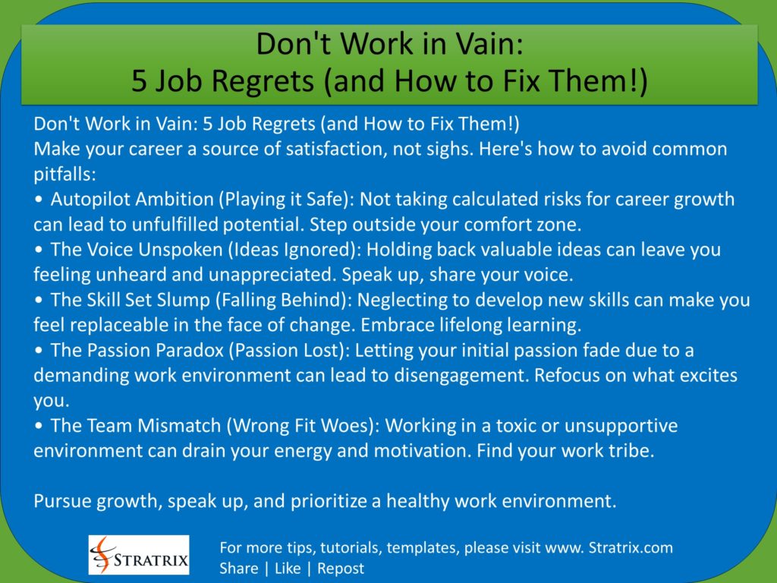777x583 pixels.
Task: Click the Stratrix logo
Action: point(139,554)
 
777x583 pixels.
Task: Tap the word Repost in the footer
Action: point(341,568)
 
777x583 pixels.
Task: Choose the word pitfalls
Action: point(64,174)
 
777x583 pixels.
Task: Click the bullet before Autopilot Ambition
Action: point(39,200)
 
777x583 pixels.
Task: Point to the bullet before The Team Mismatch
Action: point(39,426)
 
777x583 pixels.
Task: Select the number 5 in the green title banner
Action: point(139,80)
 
